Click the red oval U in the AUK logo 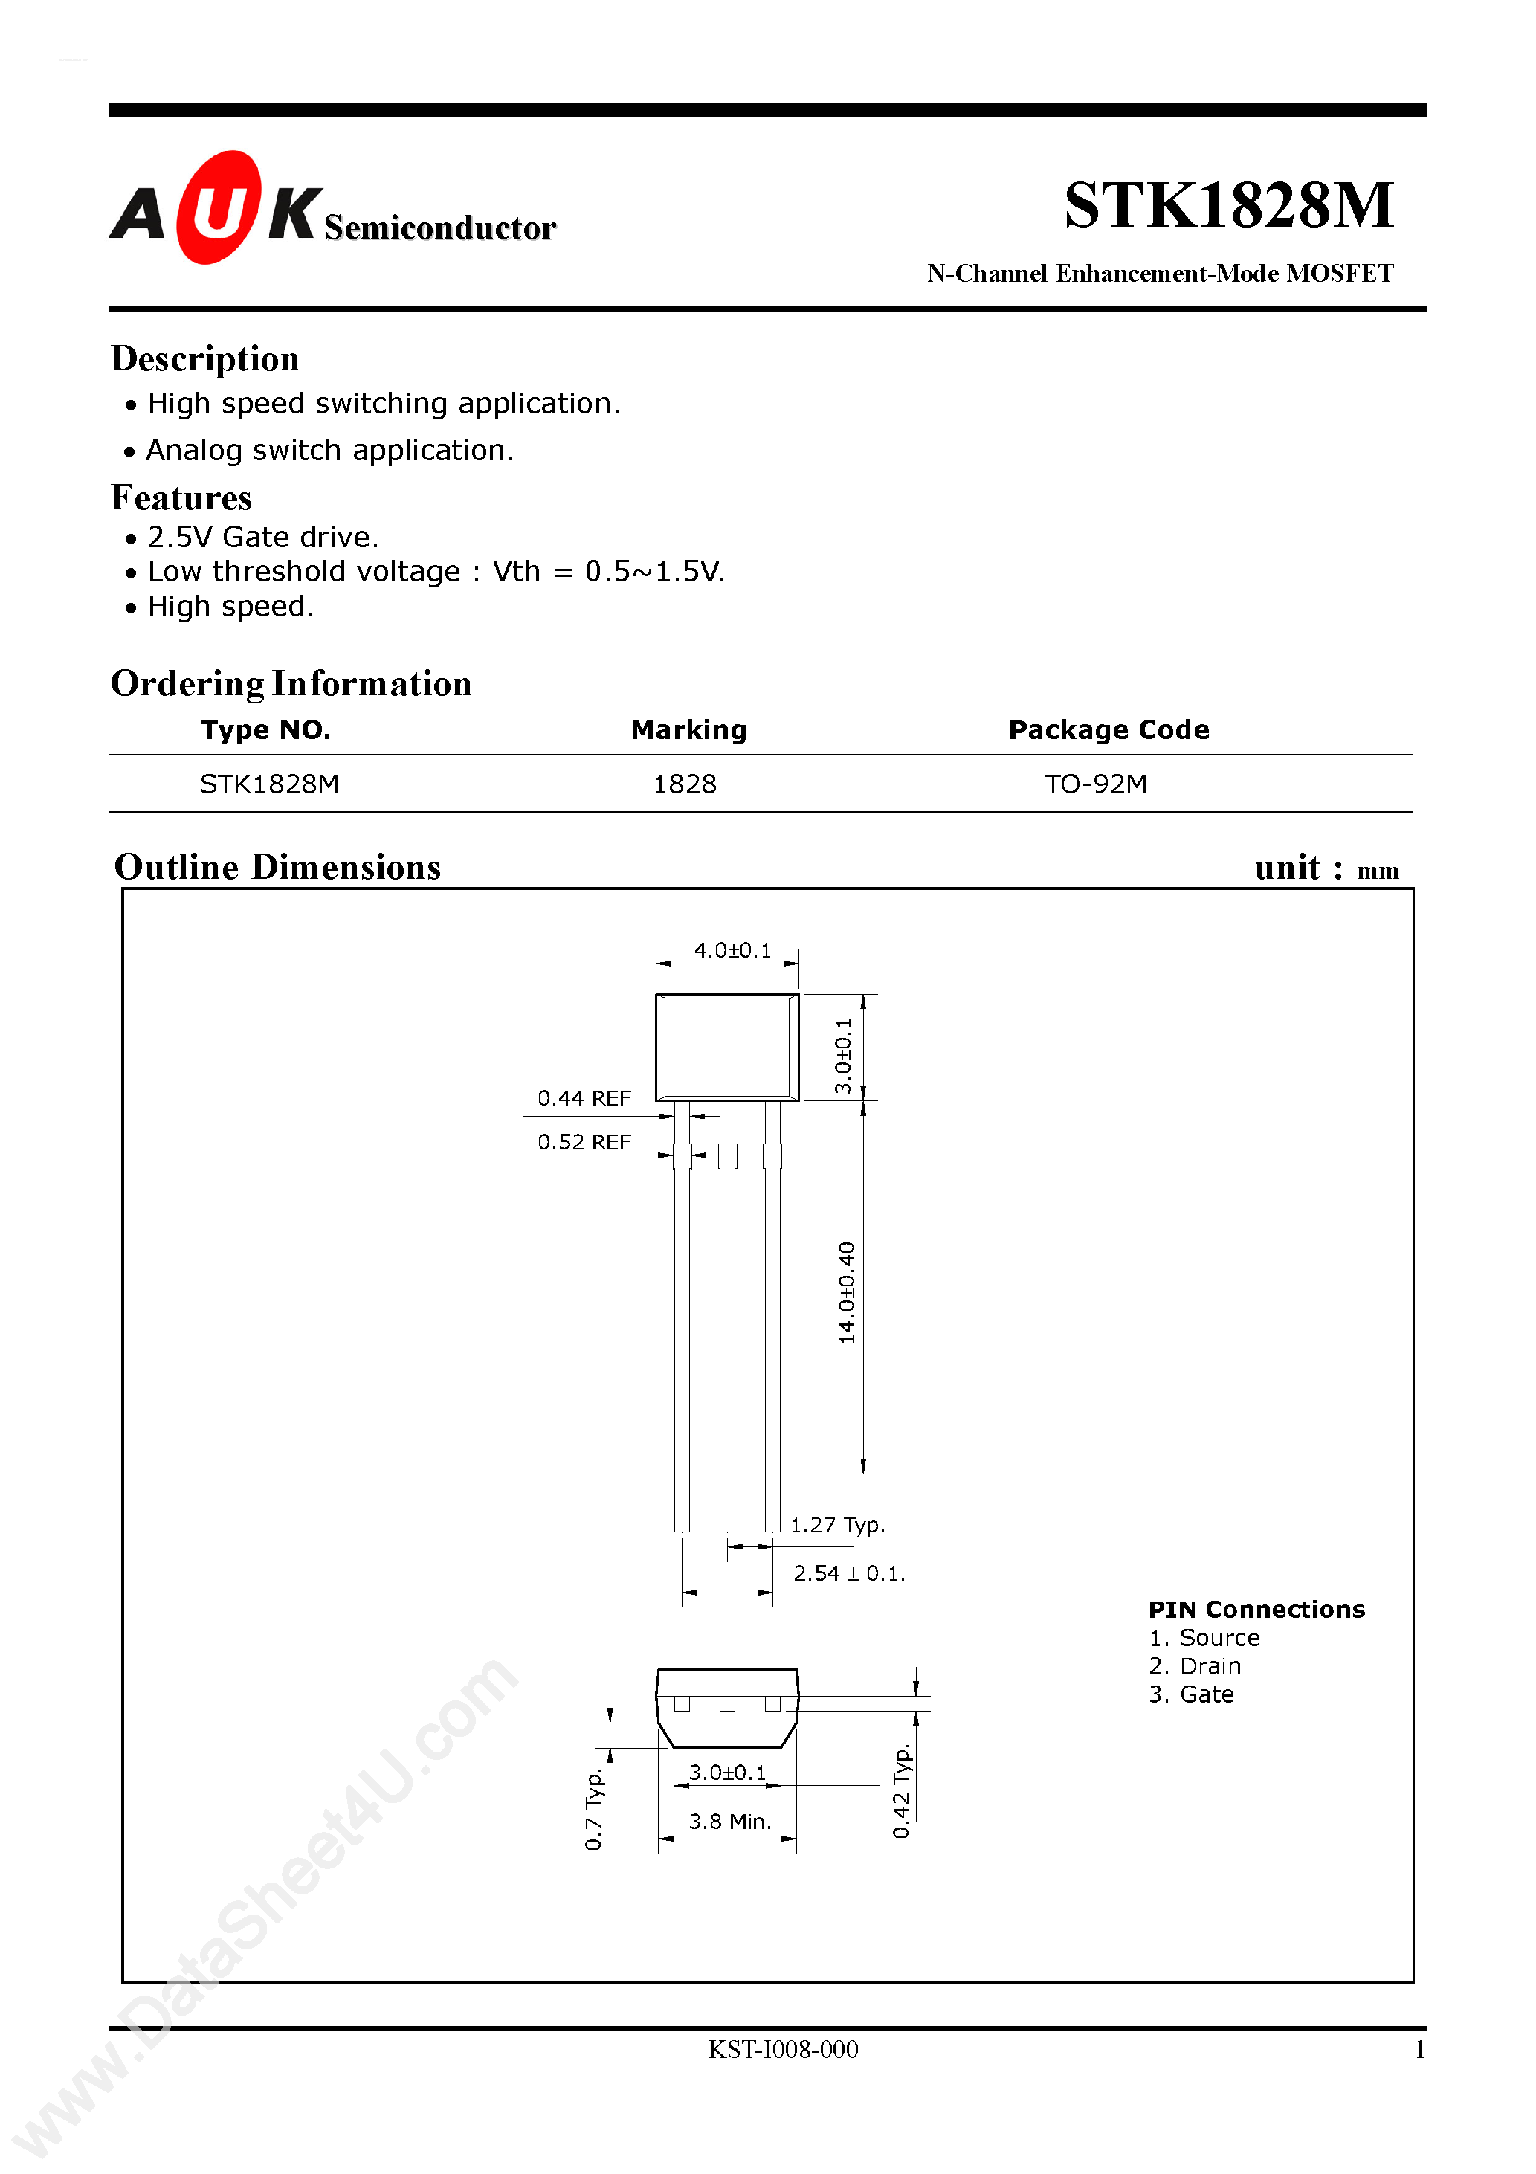(218, 207)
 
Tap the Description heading (204, 359)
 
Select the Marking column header (688, 729)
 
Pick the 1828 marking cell (684, 784)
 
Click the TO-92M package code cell (1096, 784)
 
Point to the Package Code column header (1108, 729)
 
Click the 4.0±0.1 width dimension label (732, 949)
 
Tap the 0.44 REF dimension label (584, 1098)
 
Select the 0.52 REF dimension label (584, 1142)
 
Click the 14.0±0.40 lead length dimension (847, 1292)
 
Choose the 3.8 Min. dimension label (729, 1822)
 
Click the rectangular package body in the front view (727, 1046)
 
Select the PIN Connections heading (1256, 1610)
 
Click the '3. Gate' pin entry (1191, 1694)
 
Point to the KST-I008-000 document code (783, 2050)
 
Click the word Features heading (182, 498)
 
